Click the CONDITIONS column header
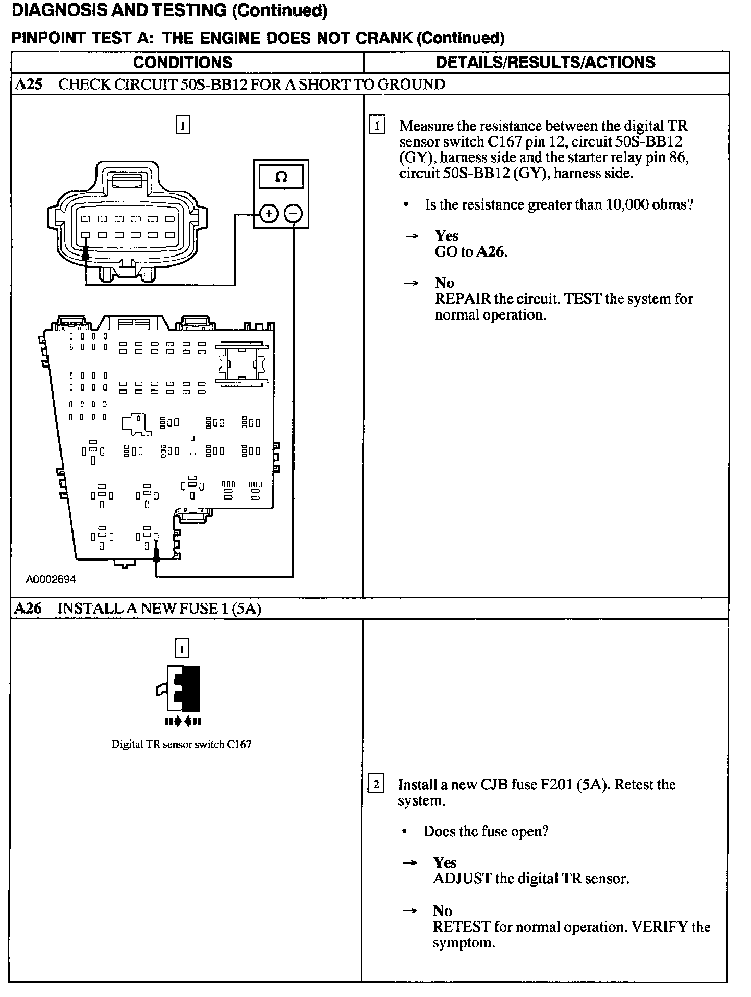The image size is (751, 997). (x=183, y=63)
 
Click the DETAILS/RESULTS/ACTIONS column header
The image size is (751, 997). (x=546, y=63)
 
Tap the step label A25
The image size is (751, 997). (x=28, y=84)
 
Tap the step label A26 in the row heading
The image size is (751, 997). (x=28, y=608)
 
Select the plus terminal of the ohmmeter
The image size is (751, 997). (x=268, y=214)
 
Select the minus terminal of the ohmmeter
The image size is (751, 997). (x=294, y=214)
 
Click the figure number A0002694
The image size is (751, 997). (x=51, y=579)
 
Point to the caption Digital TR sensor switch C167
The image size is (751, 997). (x=181, y=745)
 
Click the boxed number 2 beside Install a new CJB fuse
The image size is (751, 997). (x=376, y=785)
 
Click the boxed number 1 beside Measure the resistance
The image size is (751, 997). (x=377, y=126)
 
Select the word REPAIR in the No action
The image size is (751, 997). (x=463, y=299)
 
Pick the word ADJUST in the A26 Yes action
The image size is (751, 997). (x=462, y=879)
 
